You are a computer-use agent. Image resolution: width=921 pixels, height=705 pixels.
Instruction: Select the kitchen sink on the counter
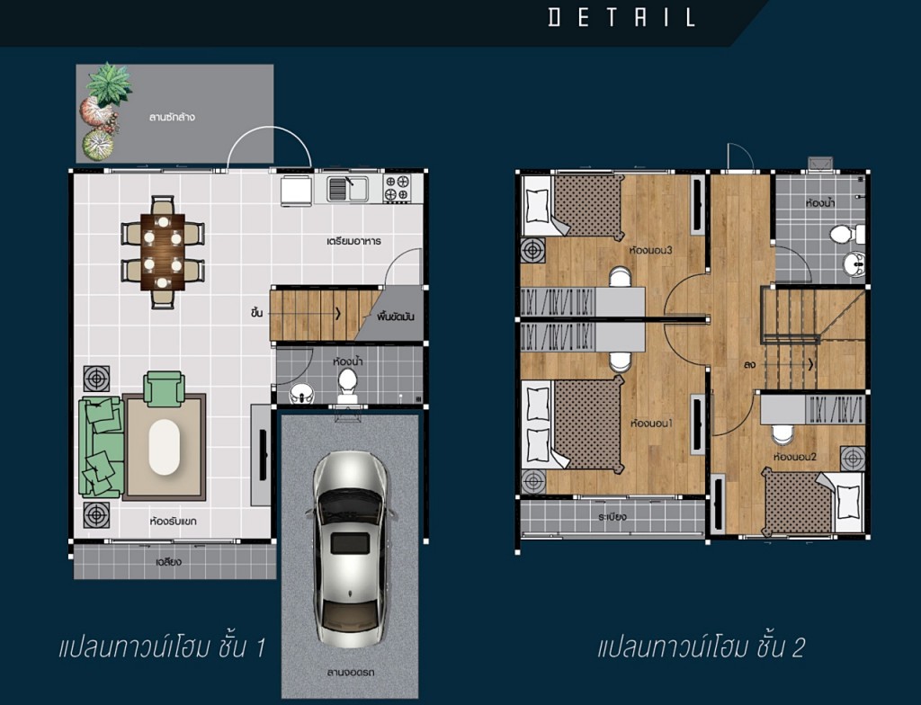click(347, 188)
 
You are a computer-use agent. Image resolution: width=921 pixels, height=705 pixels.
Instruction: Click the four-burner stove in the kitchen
click(398, 188)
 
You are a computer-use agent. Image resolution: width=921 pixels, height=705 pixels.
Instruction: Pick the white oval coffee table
click(165, 447)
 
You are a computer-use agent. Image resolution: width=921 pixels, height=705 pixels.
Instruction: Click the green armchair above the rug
click(164, 388)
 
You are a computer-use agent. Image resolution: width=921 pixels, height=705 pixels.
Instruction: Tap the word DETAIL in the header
click(621, 17)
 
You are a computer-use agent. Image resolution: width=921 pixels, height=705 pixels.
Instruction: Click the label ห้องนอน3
click(651, 250)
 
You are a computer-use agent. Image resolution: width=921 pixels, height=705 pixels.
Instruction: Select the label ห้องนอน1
click(653, 422)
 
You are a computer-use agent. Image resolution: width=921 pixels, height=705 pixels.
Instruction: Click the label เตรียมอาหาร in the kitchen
click(353, 242)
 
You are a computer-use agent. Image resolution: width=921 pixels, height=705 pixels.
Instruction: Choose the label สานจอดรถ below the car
click(351, 671)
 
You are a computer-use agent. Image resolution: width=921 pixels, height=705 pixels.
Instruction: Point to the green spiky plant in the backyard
click(108, 82)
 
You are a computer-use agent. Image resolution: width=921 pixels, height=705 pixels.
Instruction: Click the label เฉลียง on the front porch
click(169, 562)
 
